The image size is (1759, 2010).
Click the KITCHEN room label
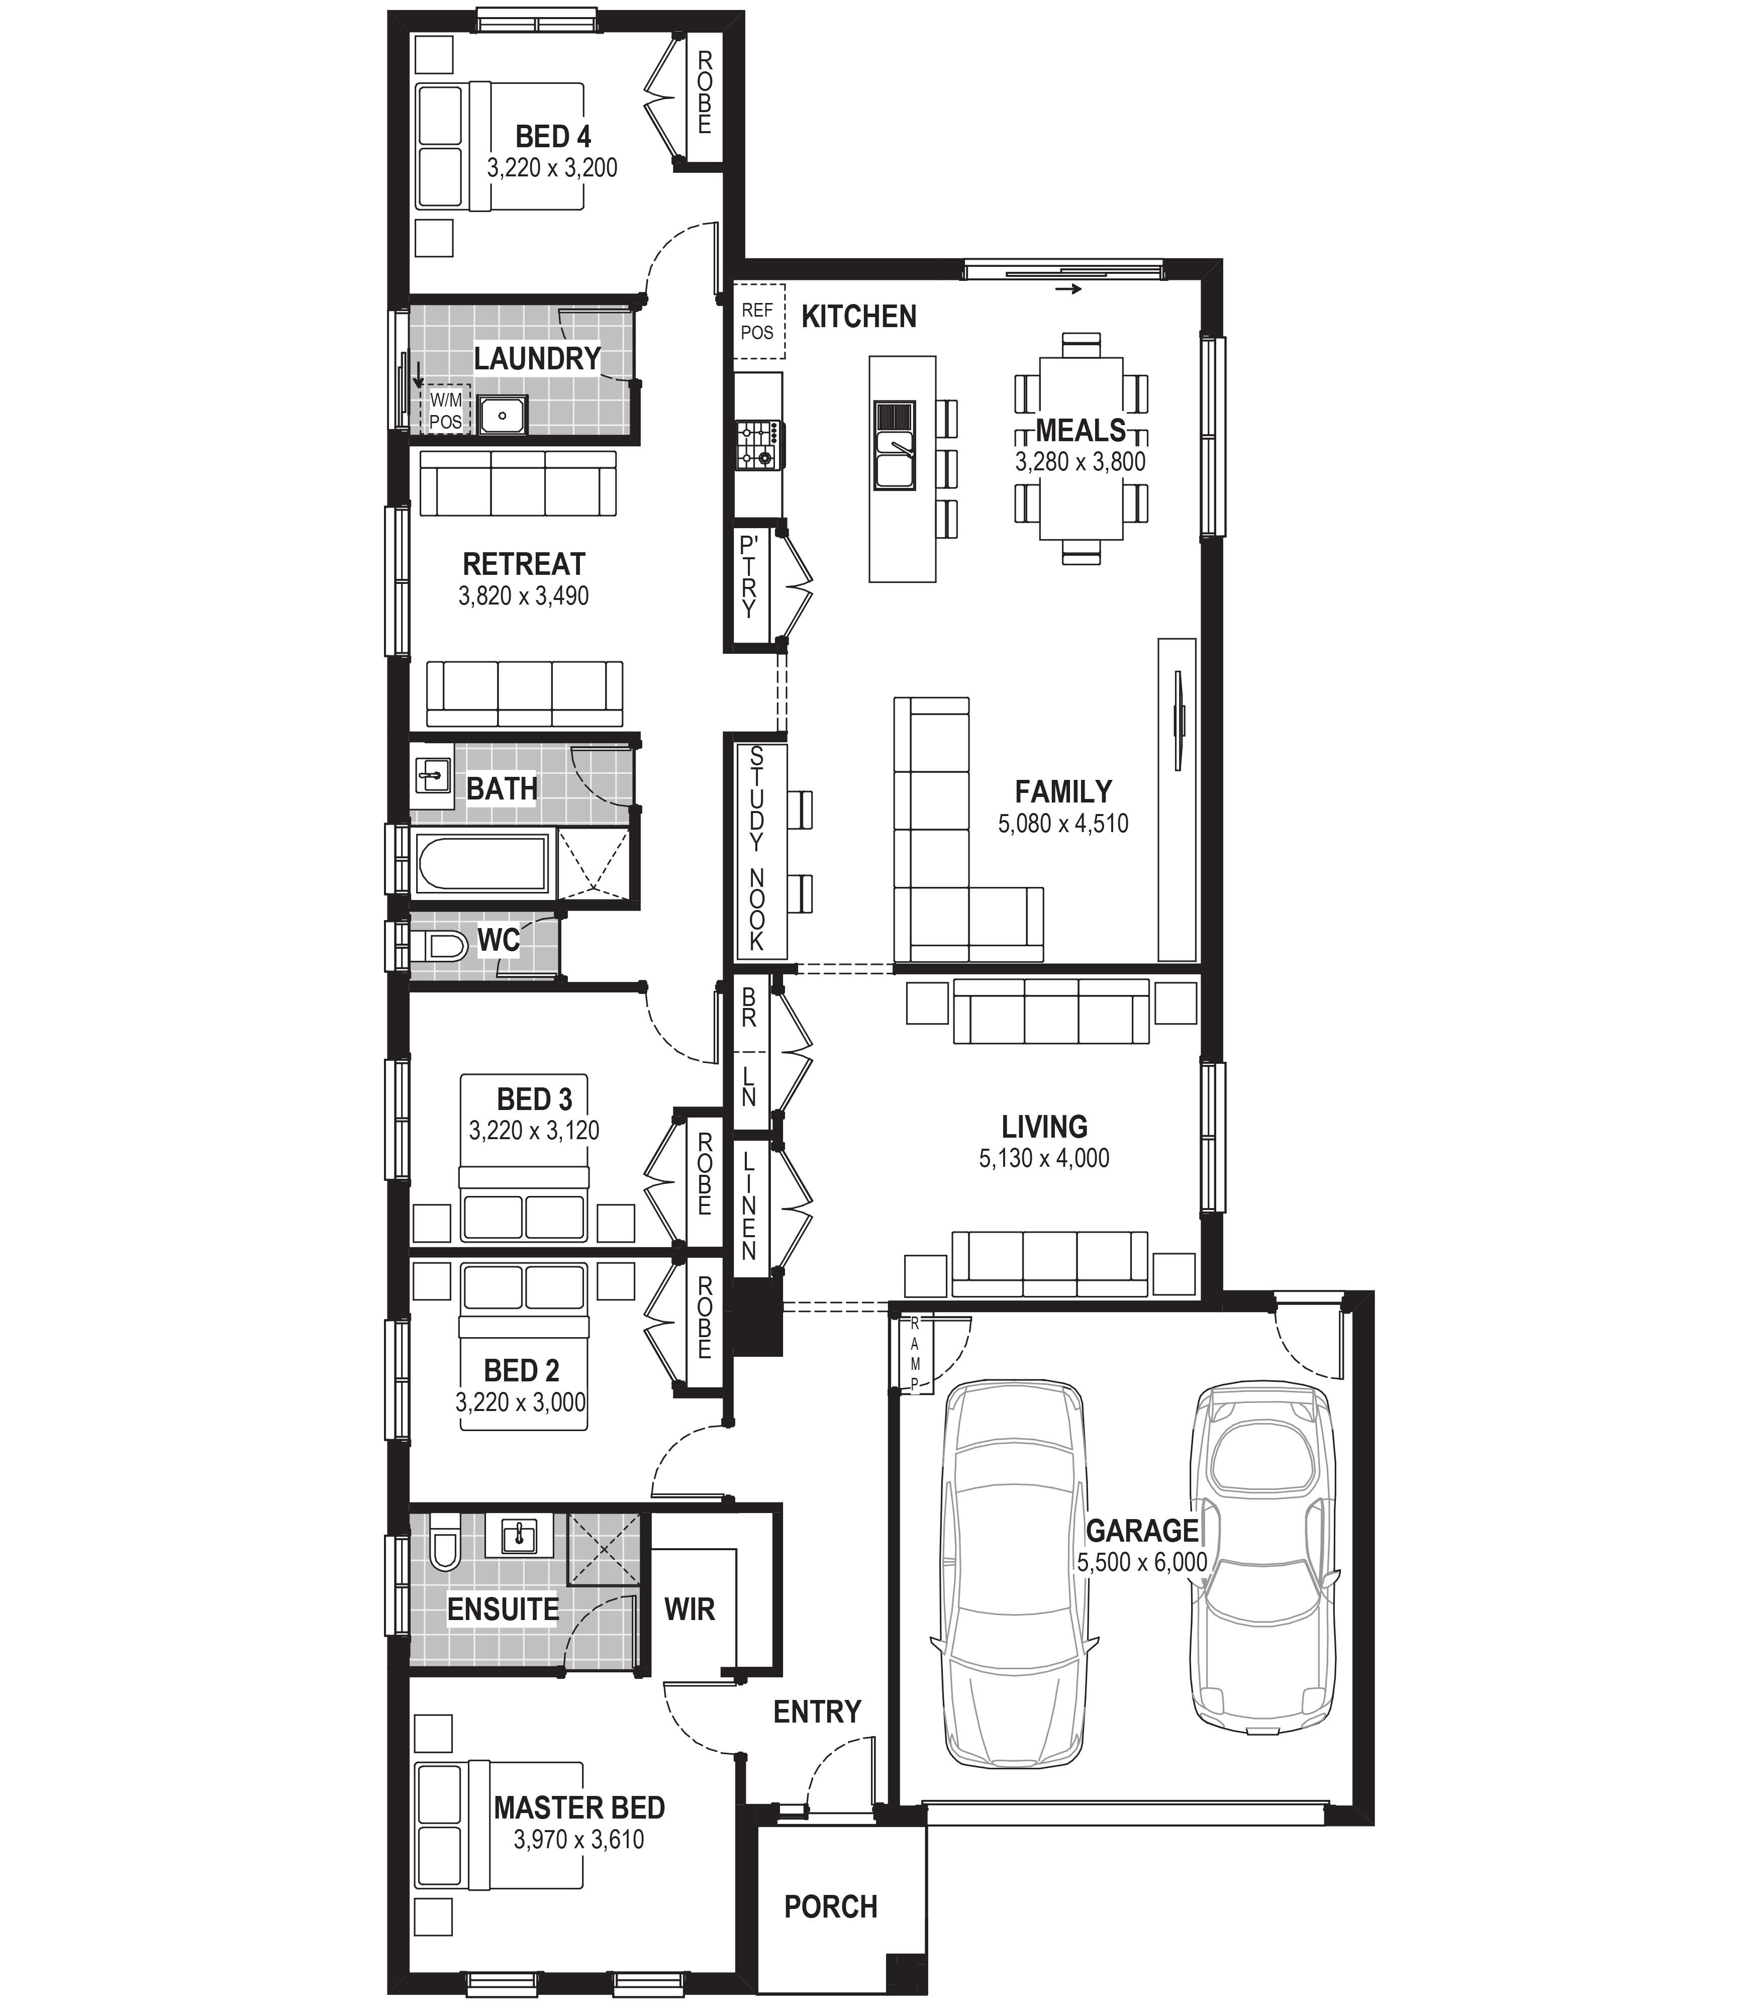pyautogui.click(x=859, y=317)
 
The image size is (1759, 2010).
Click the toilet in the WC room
pyautogui.click(x=439, y=946)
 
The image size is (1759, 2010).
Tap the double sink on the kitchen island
pyautogui.click(x=894, y=446)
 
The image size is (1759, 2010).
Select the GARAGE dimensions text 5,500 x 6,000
pyautogui.click(x=1142, y=1562)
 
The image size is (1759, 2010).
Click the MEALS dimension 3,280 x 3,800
pyautogui.click(x=1081, y=461)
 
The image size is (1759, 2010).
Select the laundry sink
pyautogui.click(x=503, y=415)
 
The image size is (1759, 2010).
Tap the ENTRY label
pyautogui.click(x=817, y=1712)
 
